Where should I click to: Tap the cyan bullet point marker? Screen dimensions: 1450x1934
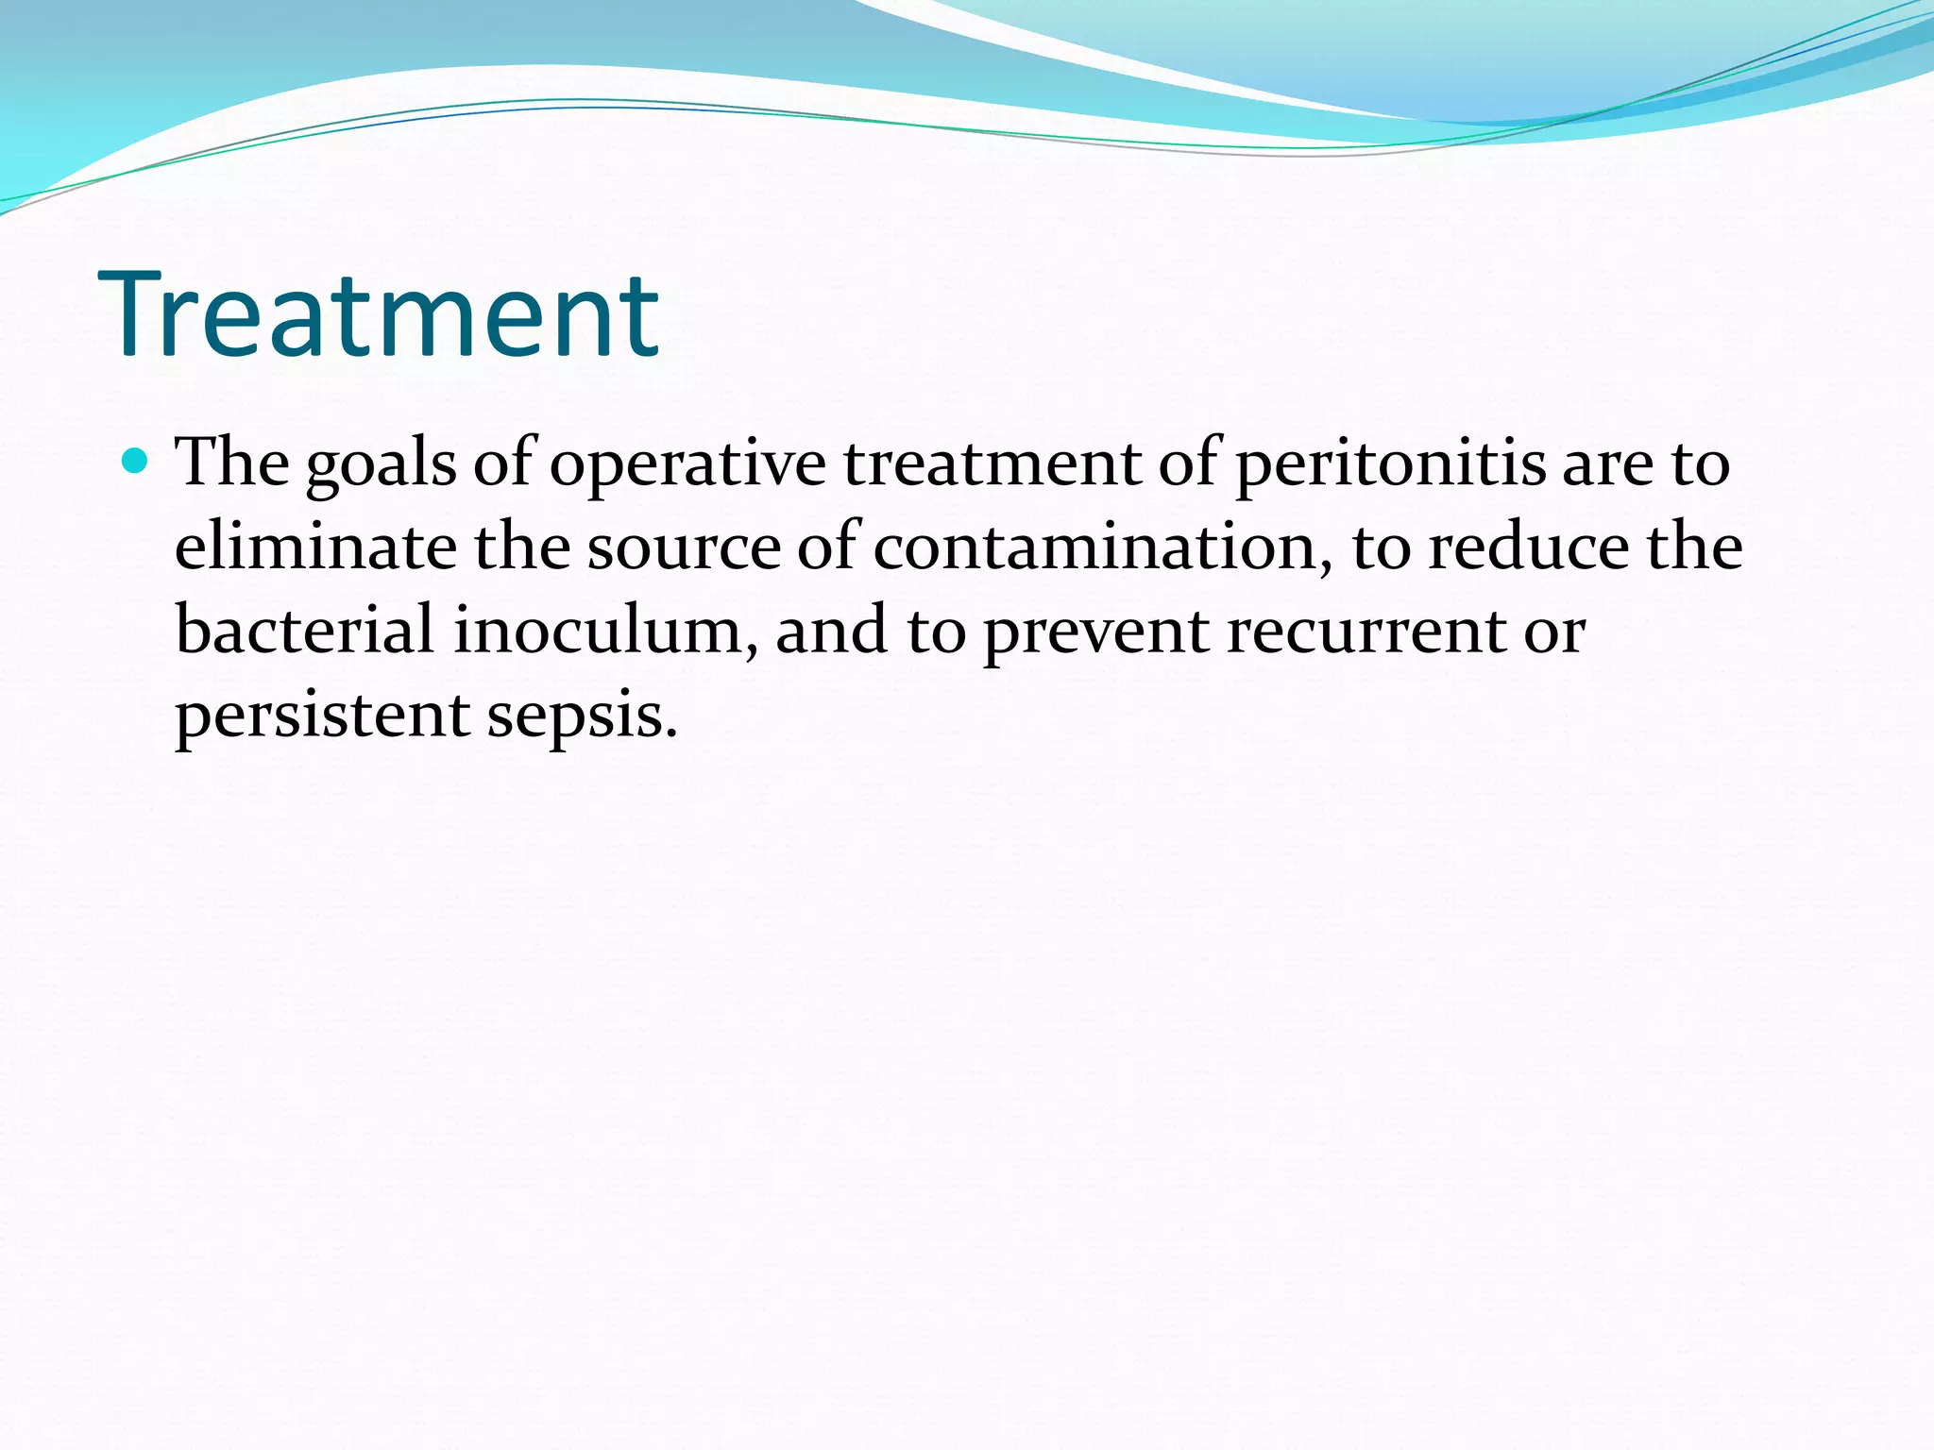click(x=136, y=462)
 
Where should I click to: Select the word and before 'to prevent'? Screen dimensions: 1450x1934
click(x=831, y=631)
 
